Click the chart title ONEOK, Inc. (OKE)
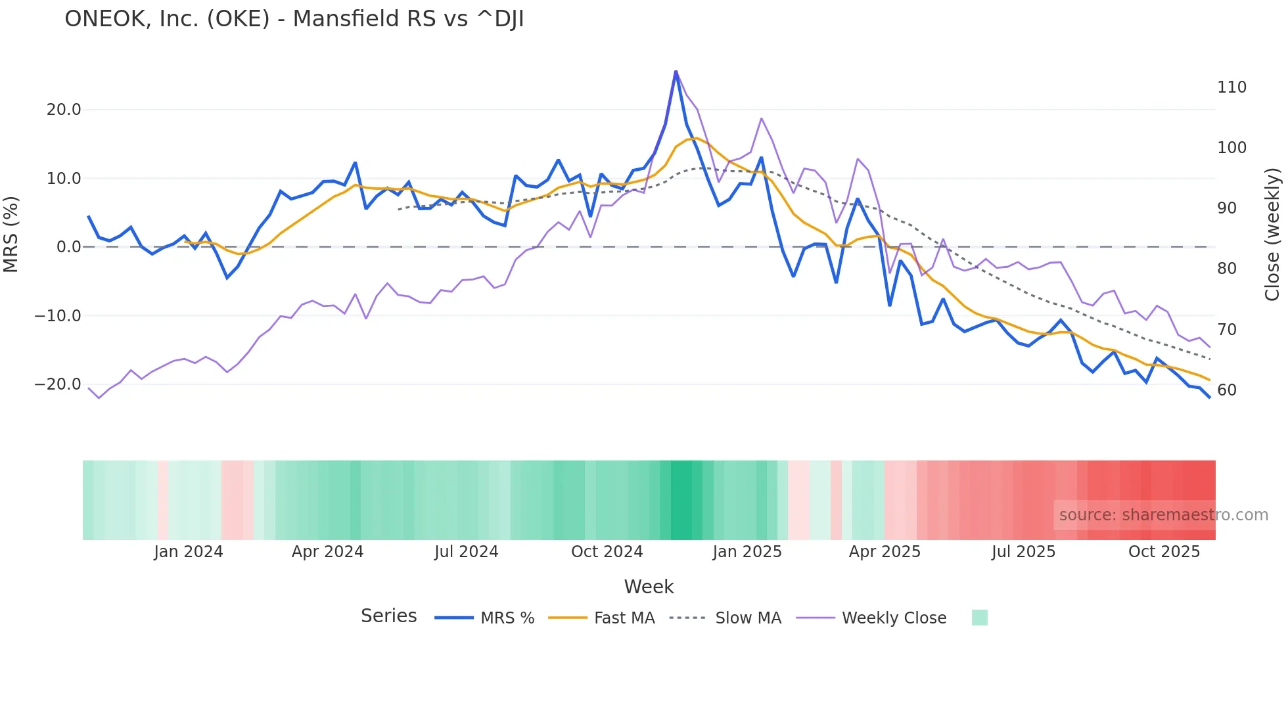tap(294, 19)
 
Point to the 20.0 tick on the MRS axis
tap(64, 110)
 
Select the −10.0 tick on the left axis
tap(58, 316)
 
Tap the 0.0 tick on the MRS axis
tap(69, 247)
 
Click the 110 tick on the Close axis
tap(1231, 87)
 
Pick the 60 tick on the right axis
tap(1227, 390)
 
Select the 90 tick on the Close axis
tap(1227, 208)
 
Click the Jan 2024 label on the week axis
tap(189, 552)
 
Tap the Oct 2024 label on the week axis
tap(607, 552)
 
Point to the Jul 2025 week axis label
tap(1023, 552)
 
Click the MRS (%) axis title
tap(11, 235)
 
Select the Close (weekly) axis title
tap(1273, 235)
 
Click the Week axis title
tap(649, 587)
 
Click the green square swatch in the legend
tap(979, 618)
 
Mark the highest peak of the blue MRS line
tap(676, 72)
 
